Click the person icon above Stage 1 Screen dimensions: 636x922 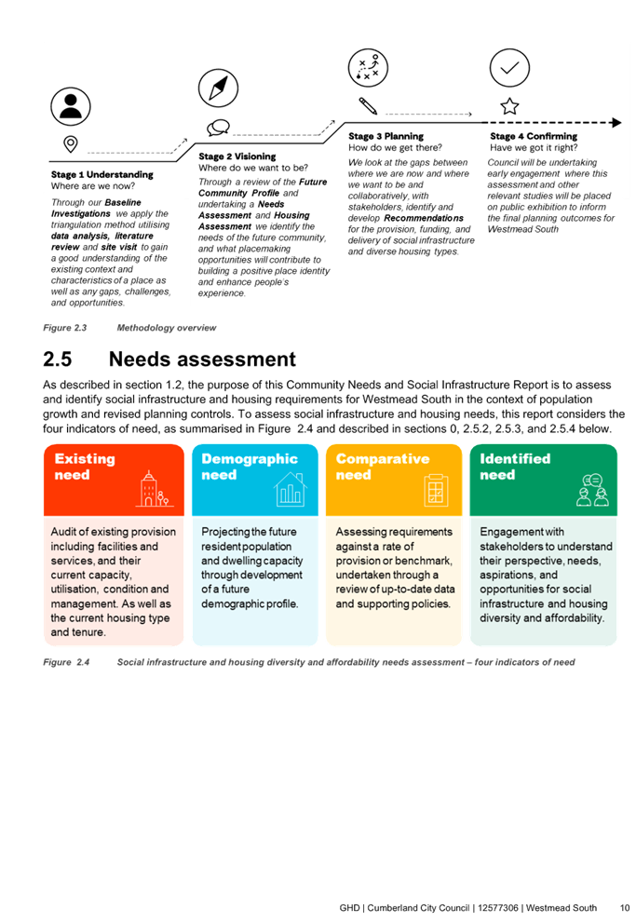71,106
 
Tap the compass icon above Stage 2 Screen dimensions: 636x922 218,88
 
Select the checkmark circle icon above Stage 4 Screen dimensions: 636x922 509,68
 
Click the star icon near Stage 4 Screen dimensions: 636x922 509,106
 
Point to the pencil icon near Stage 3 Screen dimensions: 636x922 368,106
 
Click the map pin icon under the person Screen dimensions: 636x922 71,144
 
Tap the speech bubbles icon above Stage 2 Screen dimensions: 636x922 218,127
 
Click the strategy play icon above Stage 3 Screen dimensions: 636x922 368,68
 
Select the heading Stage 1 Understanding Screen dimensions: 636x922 101,175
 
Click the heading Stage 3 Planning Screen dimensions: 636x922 386,136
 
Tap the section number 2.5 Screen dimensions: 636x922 58,359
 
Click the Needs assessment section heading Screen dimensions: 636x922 202,359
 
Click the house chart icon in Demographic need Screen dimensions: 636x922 290,489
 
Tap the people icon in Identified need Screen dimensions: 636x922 592,491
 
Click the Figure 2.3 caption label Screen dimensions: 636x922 64,328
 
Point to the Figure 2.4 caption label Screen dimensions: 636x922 66,662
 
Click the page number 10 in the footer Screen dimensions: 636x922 625,908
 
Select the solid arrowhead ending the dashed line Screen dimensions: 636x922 616,122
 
